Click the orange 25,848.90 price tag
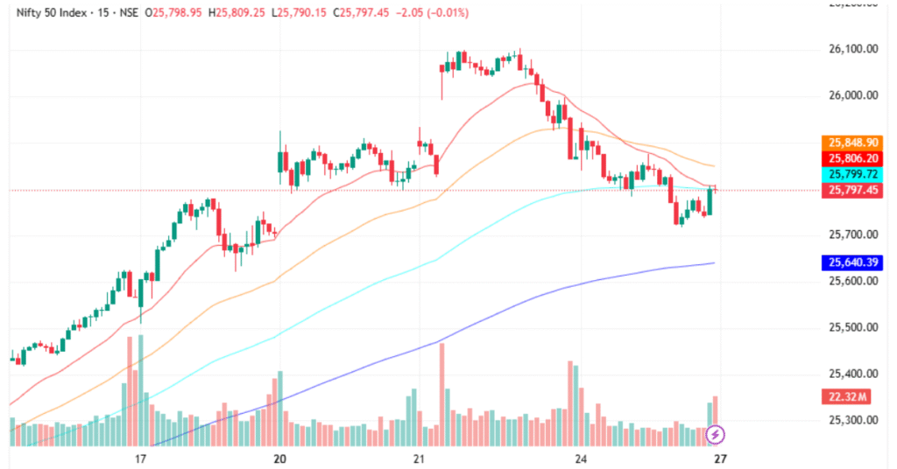pos(853,142)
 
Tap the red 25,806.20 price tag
pos(853,158)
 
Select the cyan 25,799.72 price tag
pos(853,175)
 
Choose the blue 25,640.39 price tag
pos(853,262)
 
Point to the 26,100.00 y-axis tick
pos(853,49)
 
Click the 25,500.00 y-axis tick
pos(853,328)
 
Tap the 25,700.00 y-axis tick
pos(853,235)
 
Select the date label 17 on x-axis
pos(140,458)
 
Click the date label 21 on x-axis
pos(419,458)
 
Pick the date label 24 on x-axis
pos(581,458)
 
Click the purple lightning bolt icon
pos(716,433)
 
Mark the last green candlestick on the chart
pos(709,202)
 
